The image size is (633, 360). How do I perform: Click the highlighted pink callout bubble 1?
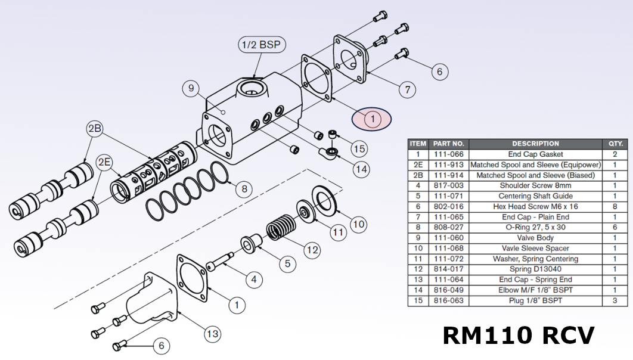(373, 119)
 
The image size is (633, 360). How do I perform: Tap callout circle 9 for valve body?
(191, 89)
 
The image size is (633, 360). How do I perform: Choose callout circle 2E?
(105, 162)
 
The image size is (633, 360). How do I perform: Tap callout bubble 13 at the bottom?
(213, 334)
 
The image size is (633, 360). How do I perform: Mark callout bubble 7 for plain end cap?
(407, 90)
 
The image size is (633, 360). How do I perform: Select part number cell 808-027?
(448, 227)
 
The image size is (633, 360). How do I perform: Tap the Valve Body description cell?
(535, 238)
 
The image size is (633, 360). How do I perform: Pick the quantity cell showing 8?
(616, 206)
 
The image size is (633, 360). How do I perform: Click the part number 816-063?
(448, 300)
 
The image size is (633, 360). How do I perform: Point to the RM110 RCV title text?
(517, 335)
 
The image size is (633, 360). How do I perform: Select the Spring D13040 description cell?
(535, 269)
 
